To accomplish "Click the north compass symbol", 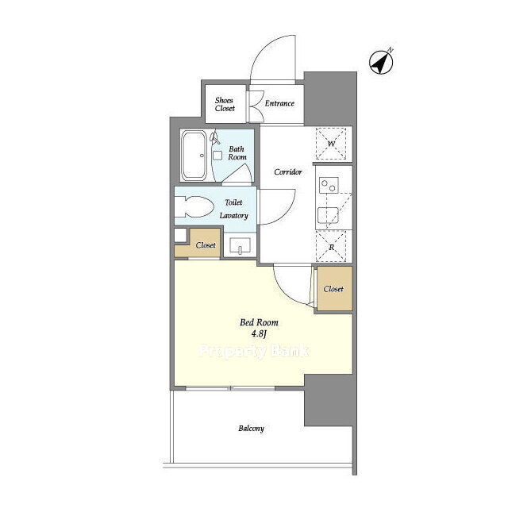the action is [x=381, y=62].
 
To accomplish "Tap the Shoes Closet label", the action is [x=225, y=104].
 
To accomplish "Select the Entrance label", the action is [x=279, y=103].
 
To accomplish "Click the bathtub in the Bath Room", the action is [x=194, y=156].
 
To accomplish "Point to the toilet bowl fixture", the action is [x=194, y=206].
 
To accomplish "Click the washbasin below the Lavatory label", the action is [x=240, y=245].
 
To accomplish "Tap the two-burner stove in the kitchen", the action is [x=329, y=185].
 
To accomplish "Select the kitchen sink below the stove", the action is [x=328, y=215].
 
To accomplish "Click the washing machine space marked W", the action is [x=331, y=144].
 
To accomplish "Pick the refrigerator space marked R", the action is [x=331, y=246].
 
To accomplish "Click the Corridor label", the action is [x=288, y=171].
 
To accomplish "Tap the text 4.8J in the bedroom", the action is [x=259, y=333].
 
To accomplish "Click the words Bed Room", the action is [x=259, y=322].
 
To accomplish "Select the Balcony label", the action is [x=251, y=429].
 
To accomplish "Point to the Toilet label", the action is [x=233, y=202].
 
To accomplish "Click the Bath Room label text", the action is [x=237, y=153].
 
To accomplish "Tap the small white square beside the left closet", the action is [x=180, y=235].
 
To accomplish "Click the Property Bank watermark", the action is [x=254, y=351].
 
